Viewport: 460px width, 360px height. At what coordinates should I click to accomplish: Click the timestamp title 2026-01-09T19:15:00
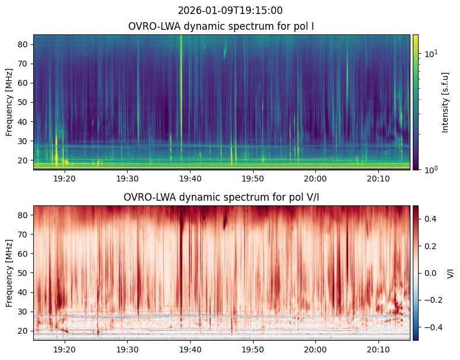[x=230, y=11]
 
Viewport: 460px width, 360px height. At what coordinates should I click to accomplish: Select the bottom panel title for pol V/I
[x=221, y=197]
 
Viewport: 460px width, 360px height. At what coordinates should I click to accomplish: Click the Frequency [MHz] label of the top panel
[x=9, y=102]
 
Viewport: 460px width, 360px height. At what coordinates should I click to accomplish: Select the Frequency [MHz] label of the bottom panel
[x=9, y=273]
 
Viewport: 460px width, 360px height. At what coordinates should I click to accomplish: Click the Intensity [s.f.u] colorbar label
[x=446, y=102]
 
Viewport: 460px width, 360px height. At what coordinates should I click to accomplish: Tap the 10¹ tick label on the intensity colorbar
[x=430, y=54]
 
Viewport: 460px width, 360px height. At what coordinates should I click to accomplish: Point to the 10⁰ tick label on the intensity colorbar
[x=430, y=169]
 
